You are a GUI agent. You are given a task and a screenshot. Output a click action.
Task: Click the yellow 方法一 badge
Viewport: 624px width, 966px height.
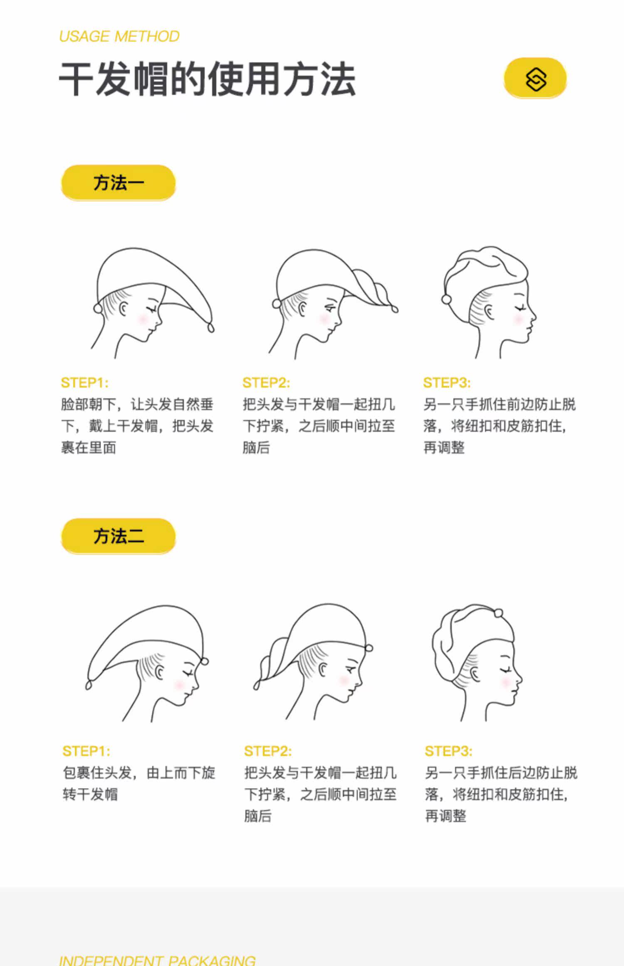pyautogui.click(x=118, y=183)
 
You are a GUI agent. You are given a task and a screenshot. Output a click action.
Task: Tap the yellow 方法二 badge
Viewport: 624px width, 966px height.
pyautogui.click(x=118, y=536)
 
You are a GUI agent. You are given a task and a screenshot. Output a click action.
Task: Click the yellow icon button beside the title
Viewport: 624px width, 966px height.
pyautogui.click(x=535, y=78)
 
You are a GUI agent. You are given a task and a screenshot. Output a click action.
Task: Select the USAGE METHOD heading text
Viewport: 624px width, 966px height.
pyautogui.click(x=119, y=37)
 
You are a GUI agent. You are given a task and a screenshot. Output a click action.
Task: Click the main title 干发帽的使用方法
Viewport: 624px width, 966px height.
pyautogui.click(x=207, y=79)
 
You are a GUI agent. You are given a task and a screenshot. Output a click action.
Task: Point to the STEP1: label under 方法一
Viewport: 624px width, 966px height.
pyautogui.click(x=84, y=383)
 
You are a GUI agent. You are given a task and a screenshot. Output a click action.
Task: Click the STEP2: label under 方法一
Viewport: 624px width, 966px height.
pyautogui.click(x=266, y=383)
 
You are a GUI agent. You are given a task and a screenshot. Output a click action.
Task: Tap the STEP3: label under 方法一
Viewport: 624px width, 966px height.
pyautogui.click(x=447, y=383)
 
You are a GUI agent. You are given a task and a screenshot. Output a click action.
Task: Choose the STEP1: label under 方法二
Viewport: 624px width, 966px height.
pyautogui.click(x=86, y=751)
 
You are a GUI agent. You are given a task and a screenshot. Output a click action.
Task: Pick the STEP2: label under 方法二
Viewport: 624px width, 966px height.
pyautogui.click(x=268, y=751)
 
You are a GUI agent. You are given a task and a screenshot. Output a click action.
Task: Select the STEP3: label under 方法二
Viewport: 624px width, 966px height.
pyautogui.click(x=448, y=751)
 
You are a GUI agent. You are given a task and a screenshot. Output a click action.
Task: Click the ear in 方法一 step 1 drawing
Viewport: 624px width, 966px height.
pyautogui.click(x=124, y=309)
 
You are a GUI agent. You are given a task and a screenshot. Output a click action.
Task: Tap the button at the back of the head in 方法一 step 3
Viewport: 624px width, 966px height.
pyautogui.click(x=446, y=299)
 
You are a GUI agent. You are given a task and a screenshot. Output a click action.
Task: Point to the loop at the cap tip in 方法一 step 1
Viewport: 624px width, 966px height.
pyautogui.click(x=210, y=328)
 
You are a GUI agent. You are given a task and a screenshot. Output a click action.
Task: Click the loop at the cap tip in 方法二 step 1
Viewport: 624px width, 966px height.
pyautogui.click(x=88, y=684)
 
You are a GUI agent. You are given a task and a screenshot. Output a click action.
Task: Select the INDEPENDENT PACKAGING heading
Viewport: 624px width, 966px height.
pyautogui.click(x=157, y=960)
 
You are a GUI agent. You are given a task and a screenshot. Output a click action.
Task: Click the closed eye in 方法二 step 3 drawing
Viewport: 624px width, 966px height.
pyautogui.click(x=506, y=670)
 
